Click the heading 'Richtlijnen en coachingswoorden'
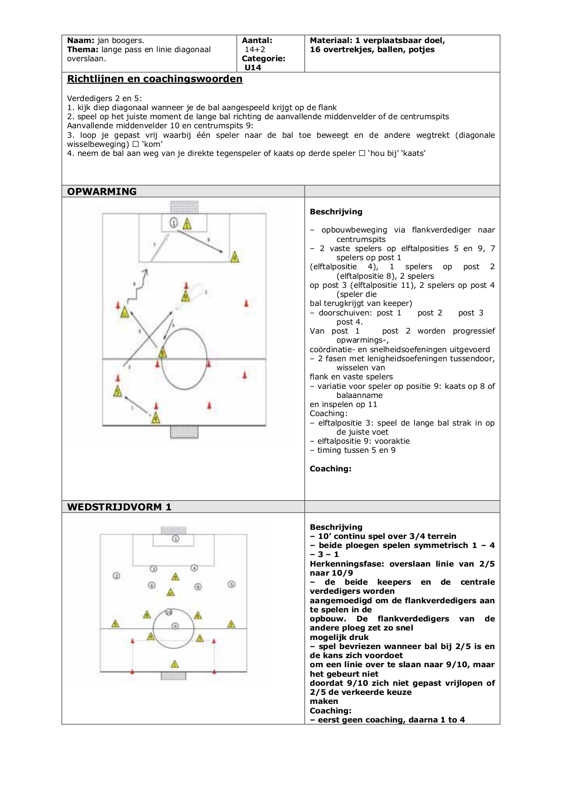154,79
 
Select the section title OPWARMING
101,191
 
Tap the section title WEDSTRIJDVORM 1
119,507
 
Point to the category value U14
253,68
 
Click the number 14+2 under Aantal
255,49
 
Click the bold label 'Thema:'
83,49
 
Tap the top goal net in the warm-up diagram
184,207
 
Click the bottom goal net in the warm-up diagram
184,432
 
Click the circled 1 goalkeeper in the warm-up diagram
174,223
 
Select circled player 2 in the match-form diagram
116,576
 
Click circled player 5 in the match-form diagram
231,584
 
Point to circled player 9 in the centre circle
175,626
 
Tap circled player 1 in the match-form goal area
176,538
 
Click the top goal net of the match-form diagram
173,531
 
